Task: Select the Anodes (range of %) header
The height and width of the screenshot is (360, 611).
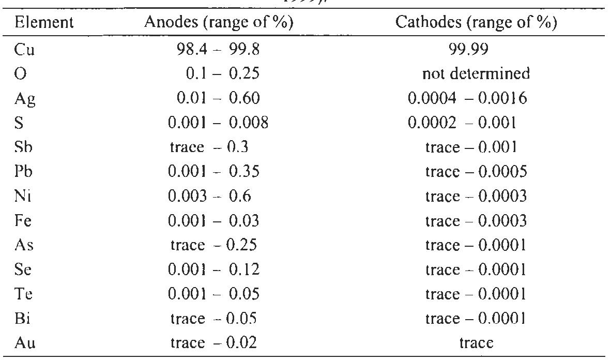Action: point(216,23)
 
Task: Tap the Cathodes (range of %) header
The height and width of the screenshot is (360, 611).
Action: point(476,23)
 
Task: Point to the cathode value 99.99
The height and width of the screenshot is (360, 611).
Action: point(476,49)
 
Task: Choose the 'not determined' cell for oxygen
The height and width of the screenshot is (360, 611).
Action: point(476,73)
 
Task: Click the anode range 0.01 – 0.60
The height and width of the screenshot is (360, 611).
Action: point(215,98)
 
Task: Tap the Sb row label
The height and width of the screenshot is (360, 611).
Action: point(25,147)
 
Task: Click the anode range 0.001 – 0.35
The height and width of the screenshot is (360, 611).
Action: point(215,172)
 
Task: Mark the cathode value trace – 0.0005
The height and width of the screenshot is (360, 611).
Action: point(476,172)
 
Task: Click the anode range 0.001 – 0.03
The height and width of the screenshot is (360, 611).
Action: point(215,221)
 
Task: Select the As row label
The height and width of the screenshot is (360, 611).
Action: point(25,246)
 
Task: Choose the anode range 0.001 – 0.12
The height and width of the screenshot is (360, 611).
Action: point(215,270)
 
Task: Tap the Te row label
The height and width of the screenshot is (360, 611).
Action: point(24,295)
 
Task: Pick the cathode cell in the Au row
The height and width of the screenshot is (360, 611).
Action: point(476,344)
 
